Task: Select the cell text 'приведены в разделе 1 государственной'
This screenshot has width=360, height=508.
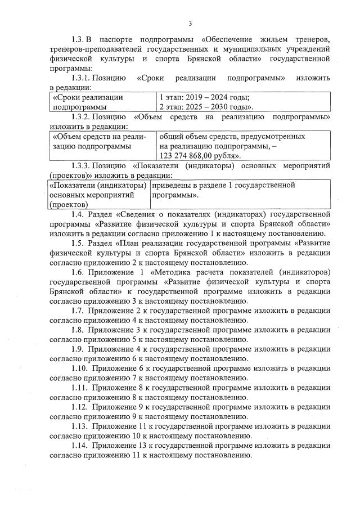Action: click(x=223, y=185)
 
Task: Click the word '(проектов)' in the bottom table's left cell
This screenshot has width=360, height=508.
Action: click(x=69, y=205)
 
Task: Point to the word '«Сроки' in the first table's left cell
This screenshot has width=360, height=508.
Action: click(x=66, y=97)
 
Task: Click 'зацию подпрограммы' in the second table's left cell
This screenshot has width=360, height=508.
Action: click(x=91, y=146)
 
